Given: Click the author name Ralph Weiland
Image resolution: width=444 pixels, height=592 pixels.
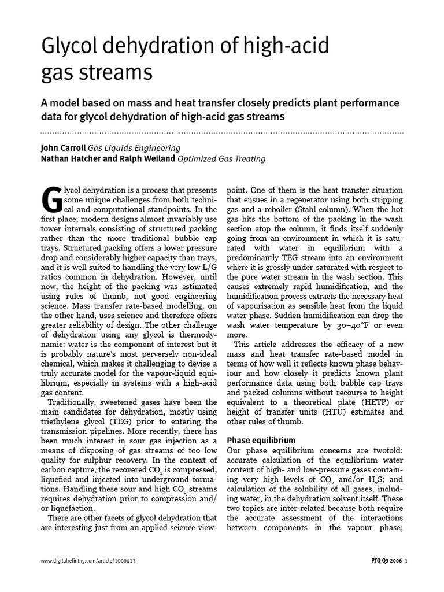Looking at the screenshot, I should point(147,158).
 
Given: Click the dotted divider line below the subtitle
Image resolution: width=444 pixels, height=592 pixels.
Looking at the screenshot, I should point(222,133).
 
